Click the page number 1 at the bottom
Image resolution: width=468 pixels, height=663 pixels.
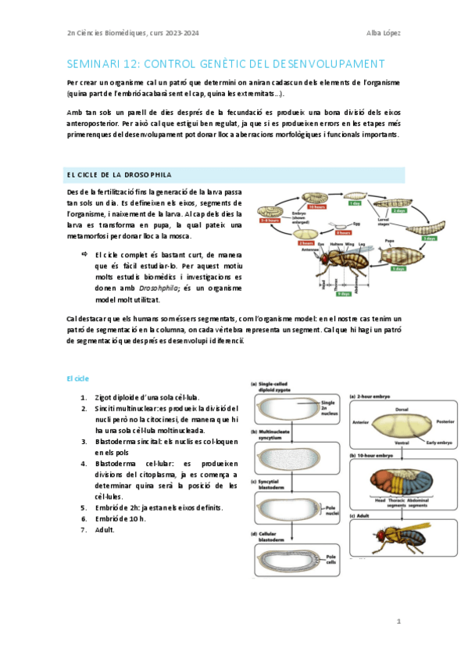tap(398, 622)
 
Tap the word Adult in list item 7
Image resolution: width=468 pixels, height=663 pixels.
tap(104, 529)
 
